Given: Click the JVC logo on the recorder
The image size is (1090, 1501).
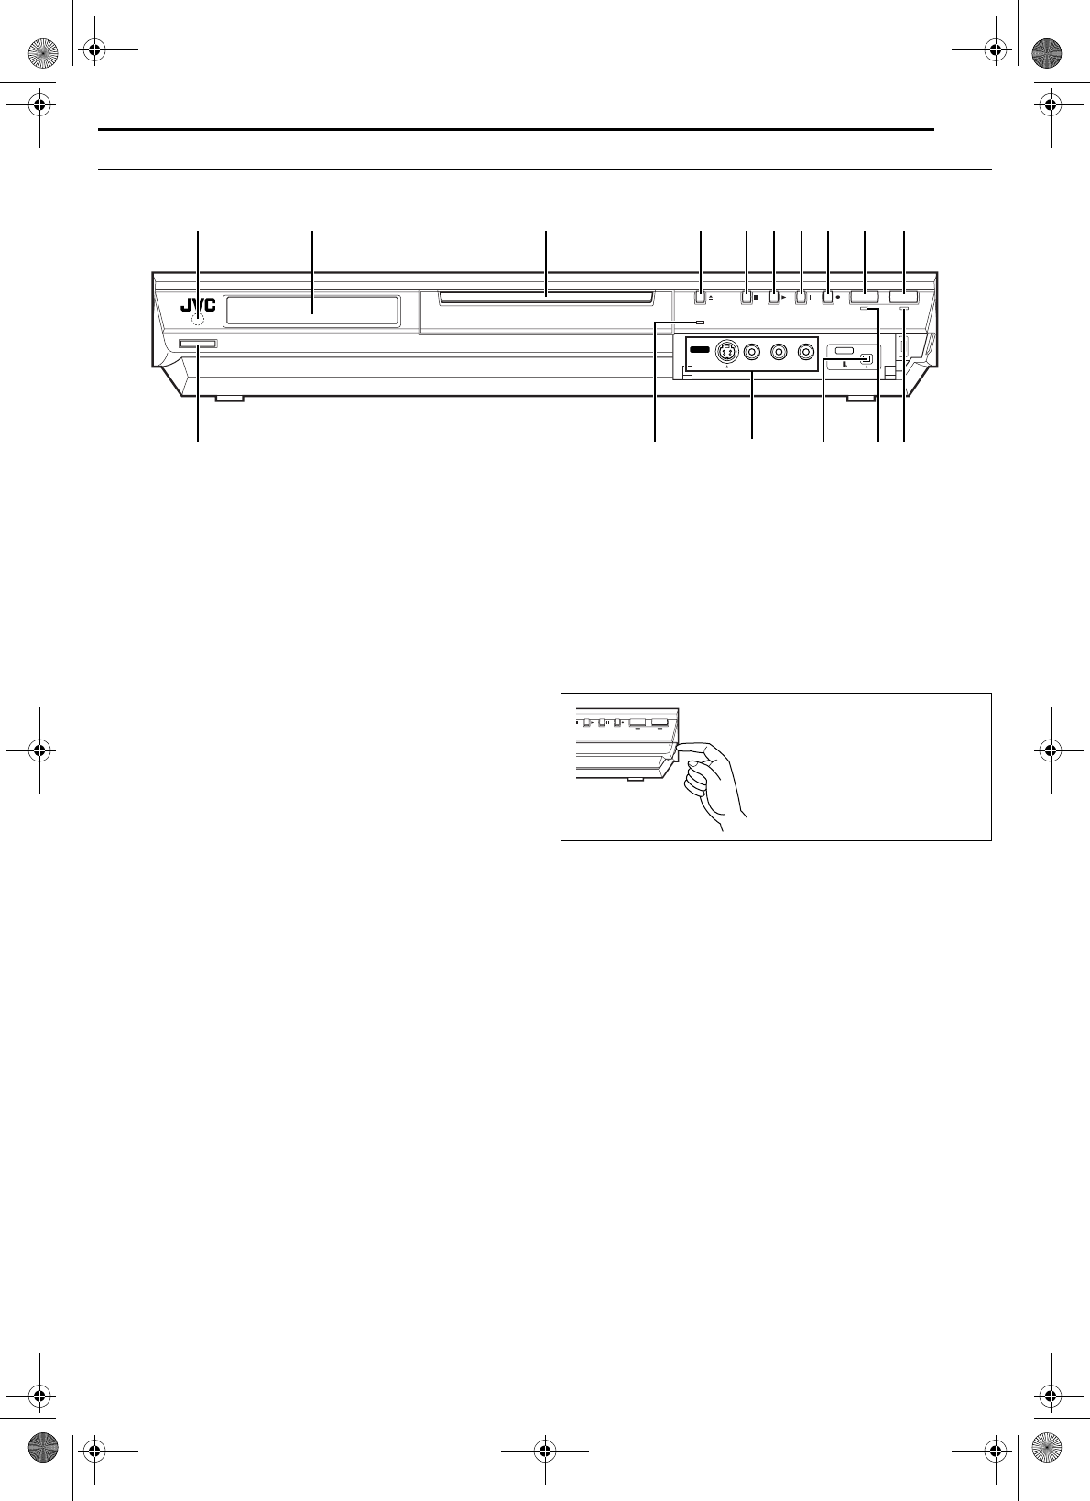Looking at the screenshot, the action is coord(198,306).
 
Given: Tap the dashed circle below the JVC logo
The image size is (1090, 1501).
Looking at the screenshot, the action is coord(198,319).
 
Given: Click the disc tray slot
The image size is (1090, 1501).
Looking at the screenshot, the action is coord(546,295).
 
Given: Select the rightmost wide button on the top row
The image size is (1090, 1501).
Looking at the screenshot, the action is coord(903,299).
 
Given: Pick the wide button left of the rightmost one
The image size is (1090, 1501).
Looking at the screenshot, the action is coord(865,299).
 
